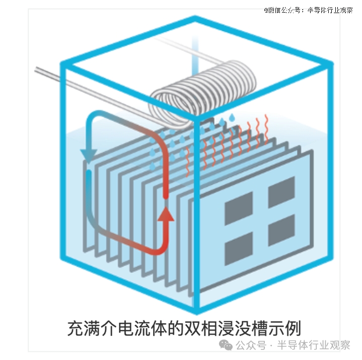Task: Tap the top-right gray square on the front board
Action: coord(281,192)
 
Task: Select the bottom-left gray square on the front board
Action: coord(239,249)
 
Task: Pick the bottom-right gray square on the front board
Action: coord(281,230)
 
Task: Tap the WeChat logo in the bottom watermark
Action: coord(226,345)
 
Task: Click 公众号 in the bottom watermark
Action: coord(251,345)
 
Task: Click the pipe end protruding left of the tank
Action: coord(36,69)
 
